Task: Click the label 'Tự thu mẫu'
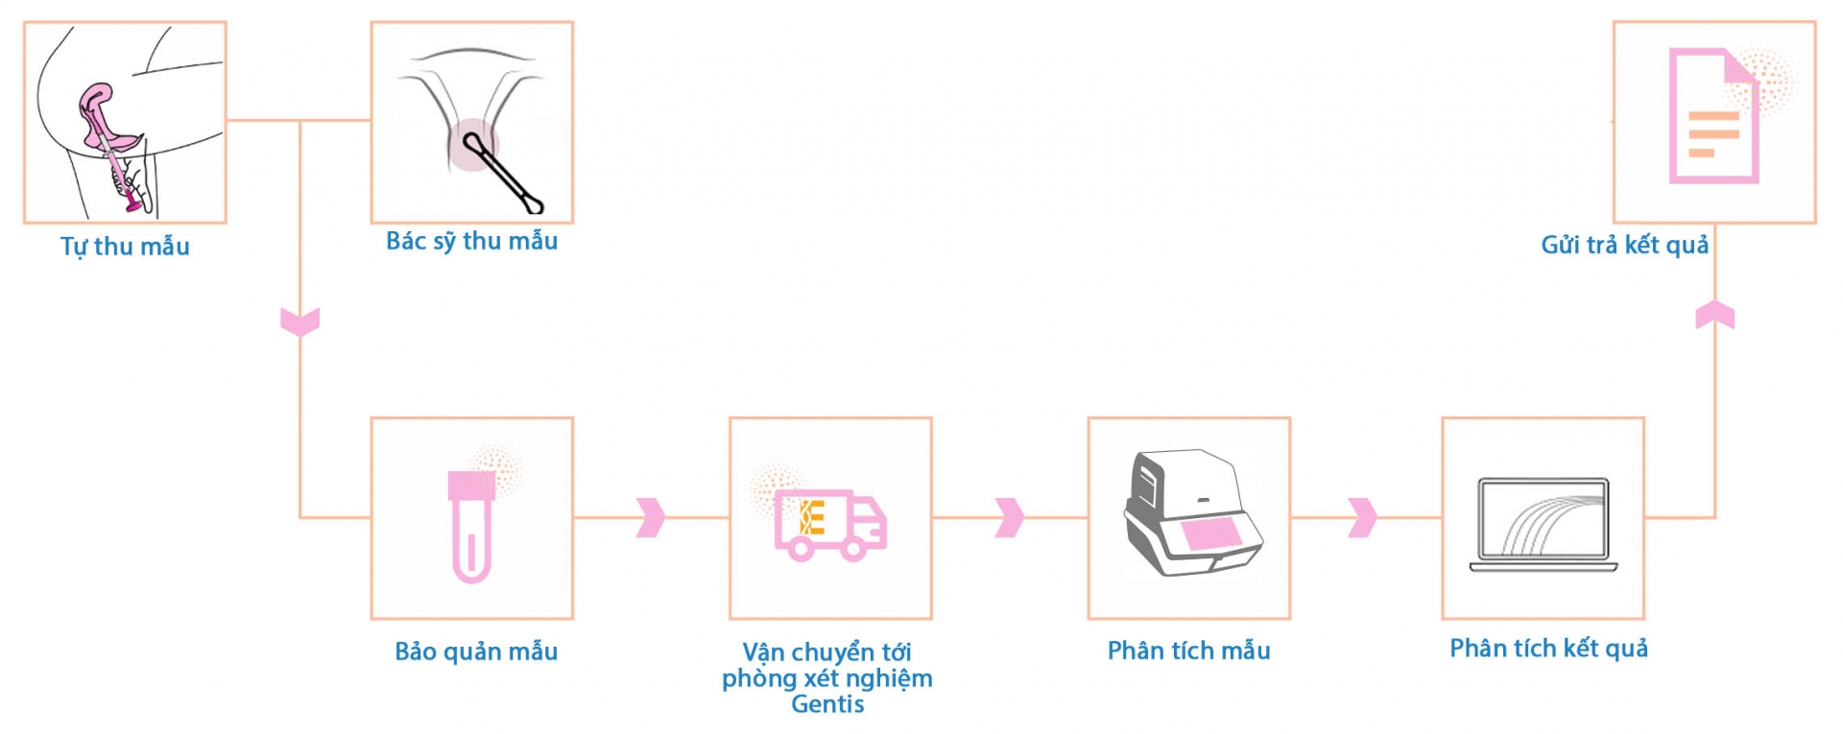pyautogui.click(x=125, y=247)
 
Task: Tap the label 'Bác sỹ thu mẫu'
pyautogui.click(x=471, y=241)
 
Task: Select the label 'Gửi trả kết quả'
pyautogui.click(x=1624, y=245)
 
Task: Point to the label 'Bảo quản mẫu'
pyautogui.click(x=476, y=651)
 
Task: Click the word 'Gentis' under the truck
pyautogui.click(x=827, y=704)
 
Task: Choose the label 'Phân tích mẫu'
pyautogui.click(x=1188, y=651)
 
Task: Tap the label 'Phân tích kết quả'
pyautogui.click(x=1548, y=649)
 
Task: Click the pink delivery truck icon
pyautogui.click(x=830, y=524)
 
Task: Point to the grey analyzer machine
pyautogui.click(x=1190, y=513)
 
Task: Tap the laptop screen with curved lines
pyautogui.click(x=1544, y=519)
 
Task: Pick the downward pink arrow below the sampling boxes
pyautogui.click(x=299, y=321)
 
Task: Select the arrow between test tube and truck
pyautogui.click(x=650, y=518)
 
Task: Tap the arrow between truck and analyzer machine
pyautogui.click(x=1009, y=518)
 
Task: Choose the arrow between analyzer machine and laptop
pyautogui.click(x=1362, y=518)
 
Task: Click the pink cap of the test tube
pyautogui.click(x=471, y=485)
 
